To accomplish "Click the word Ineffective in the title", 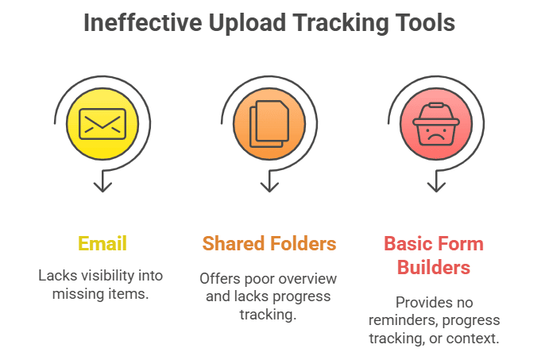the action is (x=143, y=22).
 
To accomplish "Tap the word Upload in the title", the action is (x=247, y=24).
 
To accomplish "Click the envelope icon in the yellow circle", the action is (x=102, y=124).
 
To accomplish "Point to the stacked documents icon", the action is (x=269, y=124).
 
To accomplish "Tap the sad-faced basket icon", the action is (x=436, y=124).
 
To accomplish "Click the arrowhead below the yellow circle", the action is (x=102, y=187).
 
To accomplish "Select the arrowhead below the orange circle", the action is (x=269, y=187).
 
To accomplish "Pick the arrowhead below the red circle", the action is (x=436, y=187).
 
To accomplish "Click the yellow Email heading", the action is (x=102, y=243).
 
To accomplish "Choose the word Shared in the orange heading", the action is (x=234, y=243).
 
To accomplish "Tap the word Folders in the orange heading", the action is (x=303, y=243).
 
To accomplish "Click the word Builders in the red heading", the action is (x=434, y=268).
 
